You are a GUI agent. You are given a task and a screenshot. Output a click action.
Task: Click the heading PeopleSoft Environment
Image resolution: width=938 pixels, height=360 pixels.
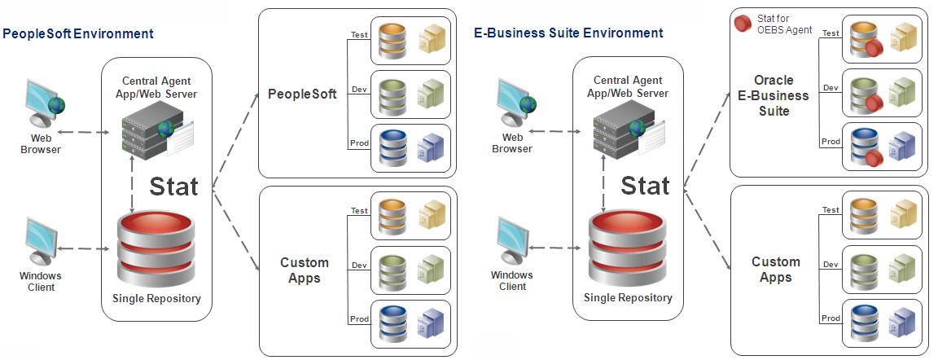78,34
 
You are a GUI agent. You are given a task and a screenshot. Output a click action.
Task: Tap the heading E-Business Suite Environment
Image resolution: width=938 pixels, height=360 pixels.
568,33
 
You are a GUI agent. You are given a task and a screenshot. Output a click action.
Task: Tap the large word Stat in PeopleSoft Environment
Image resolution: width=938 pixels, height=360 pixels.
173,186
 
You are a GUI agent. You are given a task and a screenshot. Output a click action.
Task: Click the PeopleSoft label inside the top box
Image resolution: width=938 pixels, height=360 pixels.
302,94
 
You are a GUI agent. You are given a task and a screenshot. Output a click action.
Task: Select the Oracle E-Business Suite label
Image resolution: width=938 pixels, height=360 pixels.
774,95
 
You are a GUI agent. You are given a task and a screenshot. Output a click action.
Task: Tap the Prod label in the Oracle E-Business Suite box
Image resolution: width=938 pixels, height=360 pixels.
831,141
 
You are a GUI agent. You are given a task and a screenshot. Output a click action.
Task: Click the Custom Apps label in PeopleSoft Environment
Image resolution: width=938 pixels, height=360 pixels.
305,270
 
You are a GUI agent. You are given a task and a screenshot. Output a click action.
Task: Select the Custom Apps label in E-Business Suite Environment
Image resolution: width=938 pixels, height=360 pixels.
775,269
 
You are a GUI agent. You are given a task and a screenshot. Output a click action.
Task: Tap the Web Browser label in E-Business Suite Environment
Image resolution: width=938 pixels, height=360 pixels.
512,143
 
